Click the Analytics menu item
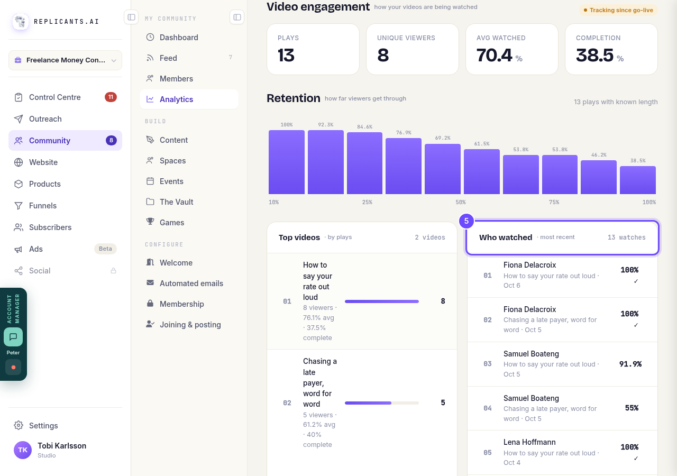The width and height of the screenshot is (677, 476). pos(189,99)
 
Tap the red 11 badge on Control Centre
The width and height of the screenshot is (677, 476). pos(111,97)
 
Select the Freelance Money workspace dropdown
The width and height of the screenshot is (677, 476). pos(65,60)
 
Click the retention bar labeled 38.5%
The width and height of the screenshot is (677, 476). pos(638,180)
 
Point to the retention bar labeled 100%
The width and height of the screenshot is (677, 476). pos(287,162)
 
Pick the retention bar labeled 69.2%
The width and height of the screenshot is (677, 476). pos(443,169)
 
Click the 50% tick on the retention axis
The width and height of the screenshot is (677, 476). pos(461,202)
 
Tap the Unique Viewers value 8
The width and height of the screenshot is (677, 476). pos(383,55)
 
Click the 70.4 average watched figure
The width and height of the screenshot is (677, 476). pos(494,55)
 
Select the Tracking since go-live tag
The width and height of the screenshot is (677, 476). pos(618,10)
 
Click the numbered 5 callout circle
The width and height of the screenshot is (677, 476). pos(466,221)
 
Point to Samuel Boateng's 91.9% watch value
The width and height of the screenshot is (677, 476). pos(630,364)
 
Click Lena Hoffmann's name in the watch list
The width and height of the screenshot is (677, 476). pos(529,442)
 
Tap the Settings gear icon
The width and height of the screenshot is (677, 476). pos(19,425)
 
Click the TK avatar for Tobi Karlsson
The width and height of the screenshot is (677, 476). pos(23,450)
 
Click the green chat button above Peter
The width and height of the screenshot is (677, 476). pos(13,337)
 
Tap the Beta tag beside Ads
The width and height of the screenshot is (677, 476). pos(105,249)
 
